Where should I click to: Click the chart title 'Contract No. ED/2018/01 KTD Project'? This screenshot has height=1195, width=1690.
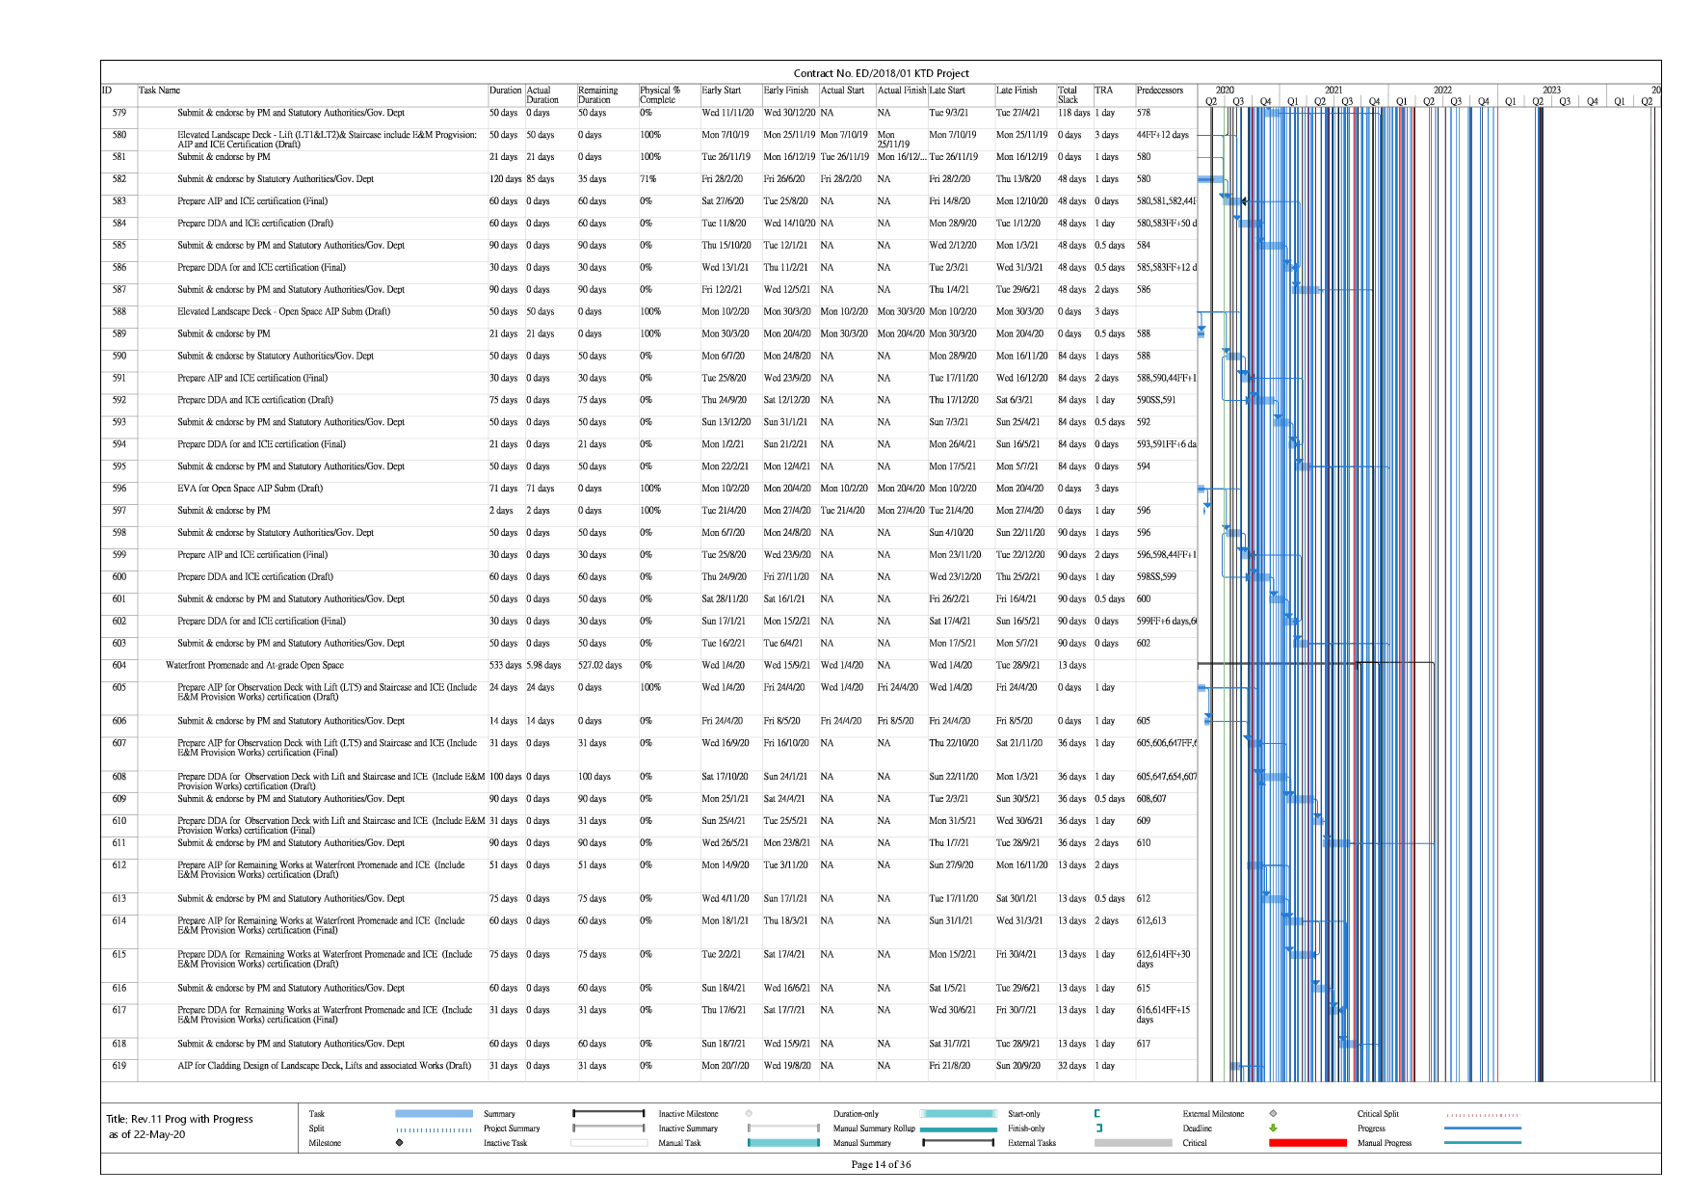[881, 73]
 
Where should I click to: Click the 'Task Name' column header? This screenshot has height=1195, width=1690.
[159, 91]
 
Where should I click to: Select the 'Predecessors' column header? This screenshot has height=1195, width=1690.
[1159, 91]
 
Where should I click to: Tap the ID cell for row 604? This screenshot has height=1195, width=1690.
[119, 666]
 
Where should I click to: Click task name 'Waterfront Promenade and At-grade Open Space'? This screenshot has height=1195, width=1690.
[254, 666]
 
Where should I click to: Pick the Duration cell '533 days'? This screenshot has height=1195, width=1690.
[505, 666]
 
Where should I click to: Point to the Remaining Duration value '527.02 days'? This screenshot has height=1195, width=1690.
[599, 666]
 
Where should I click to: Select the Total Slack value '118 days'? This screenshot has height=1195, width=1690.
[1073, 113]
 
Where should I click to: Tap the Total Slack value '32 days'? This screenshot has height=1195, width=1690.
[1071, 1066]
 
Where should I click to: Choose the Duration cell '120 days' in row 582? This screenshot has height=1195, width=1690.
[506, 179]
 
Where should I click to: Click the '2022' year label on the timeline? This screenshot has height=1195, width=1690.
[1441, 90]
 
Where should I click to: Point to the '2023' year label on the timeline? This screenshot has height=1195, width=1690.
[1550, 90]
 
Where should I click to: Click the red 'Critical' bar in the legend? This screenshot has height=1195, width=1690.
[1307, 1143]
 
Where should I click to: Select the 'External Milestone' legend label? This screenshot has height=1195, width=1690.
[1213, 1114]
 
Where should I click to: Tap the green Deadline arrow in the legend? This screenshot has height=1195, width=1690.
[1273, 1129]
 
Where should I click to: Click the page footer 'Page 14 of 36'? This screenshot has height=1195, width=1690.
[881, 1164]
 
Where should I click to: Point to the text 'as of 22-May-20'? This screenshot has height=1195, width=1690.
[146, 1135]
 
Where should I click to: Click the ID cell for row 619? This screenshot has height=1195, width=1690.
[119, 1066]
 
